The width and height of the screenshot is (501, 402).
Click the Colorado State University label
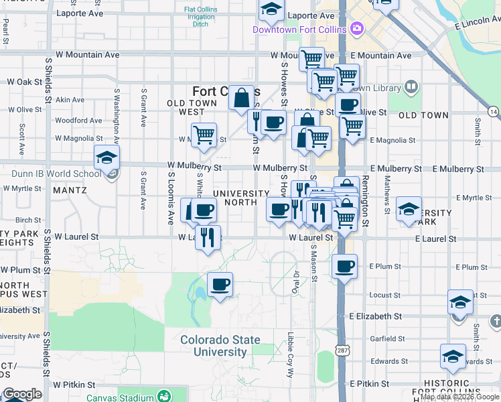point(220,346)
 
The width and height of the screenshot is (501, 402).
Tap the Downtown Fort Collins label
point(299,29)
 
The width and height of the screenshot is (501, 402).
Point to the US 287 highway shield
point(342,351)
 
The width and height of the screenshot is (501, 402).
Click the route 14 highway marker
point(494,111)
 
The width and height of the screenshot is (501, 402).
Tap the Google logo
point(21,395)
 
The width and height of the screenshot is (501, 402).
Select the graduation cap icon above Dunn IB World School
point(106,157)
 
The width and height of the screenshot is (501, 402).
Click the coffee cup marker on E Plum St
point(344,267)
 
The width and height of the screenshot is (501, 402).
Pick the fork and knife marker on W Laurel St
point(208,237)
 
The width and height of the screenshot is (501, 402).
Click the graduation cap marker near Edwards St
point(453,356)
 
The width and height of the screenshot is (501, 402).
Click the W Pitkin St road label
point(75,385)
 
